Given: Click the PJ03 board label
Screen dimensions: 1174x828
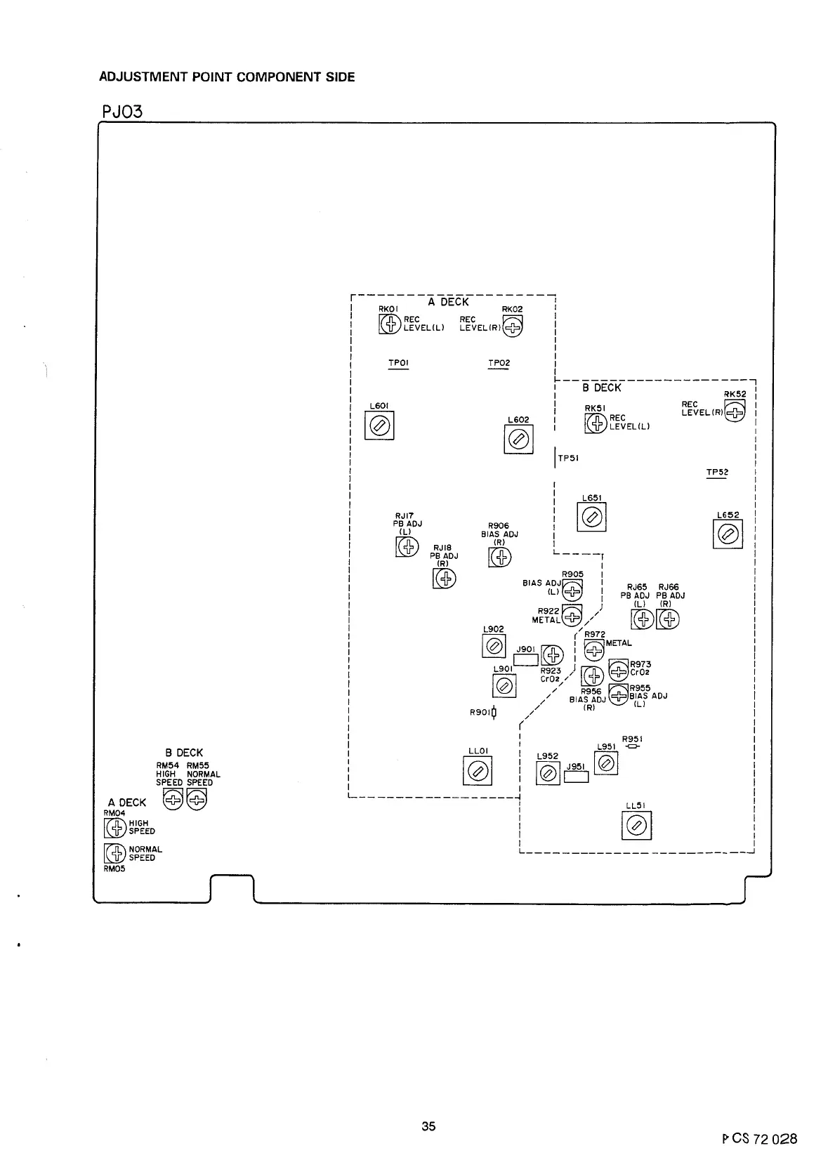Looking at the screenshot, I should pyautogui.click(x=122, y=111).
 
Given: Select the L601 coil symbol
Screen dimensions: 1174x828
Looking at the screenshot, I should pyautogui.click(x=379, y=426).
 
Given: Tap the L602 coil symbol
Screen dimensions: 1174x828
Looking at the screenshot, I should pyautogui.click(x=518, y=440).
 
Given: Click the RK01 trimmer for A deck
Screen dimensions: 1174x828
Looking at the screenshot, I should pyautogui.click(x=389, y=324).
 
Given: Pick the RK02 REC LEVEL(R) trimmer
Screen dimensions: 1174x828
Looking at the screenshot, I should pyautogui.click(x=513, y=326).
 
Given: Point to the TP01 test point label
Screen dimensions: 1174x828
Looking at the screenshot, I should pyautogui.click(x=398, y=363).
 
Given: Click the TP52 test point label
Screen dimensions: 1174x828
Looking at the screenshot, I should pyautogui.click(x=716, y=473).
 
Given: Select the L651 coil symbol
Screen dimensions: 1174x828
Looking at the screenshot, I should pyautogui.click(x=591, y=518).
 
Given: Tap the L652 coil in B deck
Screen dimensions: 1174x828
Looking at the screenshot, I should pyautogui.click(x=728, y=535).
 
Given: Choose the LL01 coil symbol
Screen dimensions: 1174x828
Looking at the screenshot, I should pyautogui.click(x=478, y=772).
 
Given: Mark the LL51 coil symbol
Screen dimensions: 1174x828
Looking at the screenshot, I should pyautogui.click(x=636, y=825).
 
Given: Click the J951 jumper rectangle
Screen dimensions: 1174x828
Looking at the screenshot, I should pyautogui.click(x=576, y=777).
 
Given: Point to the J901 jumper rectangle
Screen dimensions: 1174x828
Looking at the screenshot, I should pyautogui.click(x=526, y=659).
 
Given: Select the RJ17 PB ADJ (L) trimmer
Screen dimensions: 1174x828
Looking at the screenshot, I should pyautogui.click(x=407, y=546).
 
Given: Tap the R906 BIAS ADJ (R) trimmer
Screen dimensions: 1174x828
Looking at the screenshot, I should pyautogui.click(x=499, y=557).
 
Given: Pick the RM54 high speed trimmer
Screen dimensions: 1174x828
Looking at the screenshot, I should pyautogui.click(x=172, y=799).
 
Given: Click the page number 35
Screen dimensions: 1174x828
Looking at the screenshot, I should pyautogui.click(x=428, y=1126).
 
